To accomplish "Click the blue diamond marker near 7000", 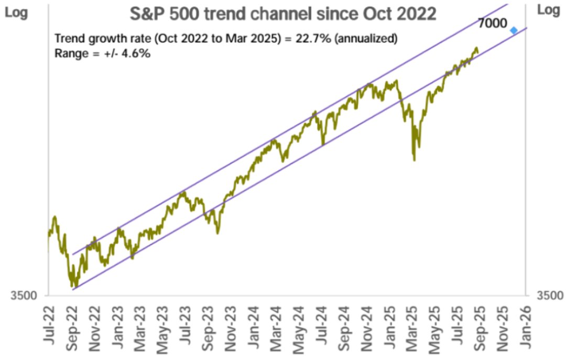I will tap(514, 30).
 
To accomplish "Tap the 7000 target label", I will tap(493, 24).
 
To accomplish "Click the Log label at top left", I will tap(16, 11).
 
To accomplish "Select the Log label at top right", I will tap(549, 10).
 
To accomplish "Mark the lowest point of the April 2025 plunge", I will tap(415, 160).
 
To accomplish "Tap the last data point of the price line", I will tap(477, 50).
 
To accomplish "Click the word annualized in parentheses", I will tap(366, 39).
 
